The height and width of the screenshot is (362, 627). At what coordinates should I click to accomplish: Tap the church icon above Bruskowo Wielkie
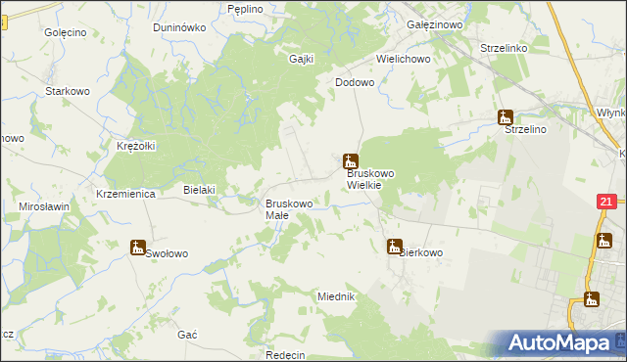tap(350, 160)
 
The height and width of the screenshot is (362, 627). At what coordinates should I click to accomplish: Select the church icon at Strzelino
tap(506, 118)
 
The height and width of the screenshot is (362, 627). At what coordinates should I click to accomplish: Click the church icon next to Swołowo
tap(138, 248)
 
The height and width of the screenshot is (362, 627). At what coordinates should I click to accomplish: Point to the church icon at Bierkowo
tap(394, 247)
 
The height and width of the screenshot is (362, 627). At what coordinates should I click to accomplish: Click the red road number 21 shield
tap(604, 203)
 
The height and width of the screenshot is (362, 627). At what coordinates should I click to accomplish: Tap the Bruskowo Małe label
tap(289, 209)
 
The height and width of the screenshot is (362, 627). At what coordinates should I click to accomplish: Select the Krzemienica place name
tap(126, 194)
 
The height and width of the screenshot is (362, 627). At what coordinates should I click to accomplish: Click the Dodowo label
tap(355, 83)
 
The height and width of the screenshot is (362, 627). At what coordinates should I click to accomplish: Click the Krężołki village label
tap(136, 146)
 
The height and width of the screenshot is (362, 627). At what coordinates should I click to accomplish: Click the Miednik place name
tap(335, 295)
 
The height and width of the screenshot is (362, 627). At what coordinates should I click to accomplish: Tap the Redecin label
tap(285, 355)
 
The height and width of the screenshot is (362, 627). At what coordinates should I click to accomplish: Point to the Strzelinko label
tap(505, 47)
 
